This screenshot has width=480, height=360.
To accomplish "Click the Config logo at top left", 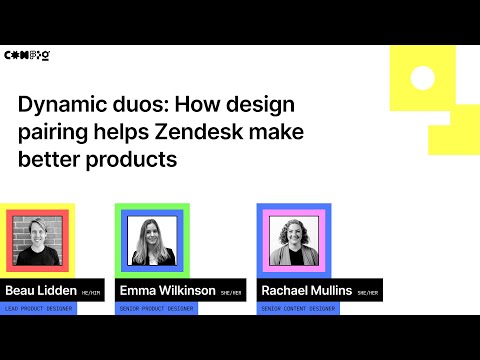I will [28, 56].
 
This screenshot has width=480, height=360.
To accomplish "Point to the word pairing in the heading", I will [58, 132].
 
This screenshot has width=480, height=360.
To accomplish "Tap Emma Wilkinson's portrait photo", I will [153, 241].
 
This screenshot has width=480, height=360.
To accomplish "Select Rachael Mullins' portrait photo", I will [294, 241].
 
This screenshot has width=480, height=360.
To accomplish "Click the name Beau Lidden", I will [39, 290].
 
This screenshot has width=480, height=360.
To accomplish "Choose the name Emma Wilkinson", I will [166, 290].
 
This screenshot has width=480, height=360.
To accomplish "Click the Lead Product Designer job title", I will [40, 309].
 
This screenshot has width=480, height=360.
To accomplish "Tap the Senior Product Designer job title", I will [156, 309].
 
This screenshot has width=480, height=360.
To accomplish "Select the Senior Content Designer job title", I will [298, 309].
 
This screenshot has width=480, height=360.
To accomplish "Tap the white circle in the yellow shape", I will [422, 77].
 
